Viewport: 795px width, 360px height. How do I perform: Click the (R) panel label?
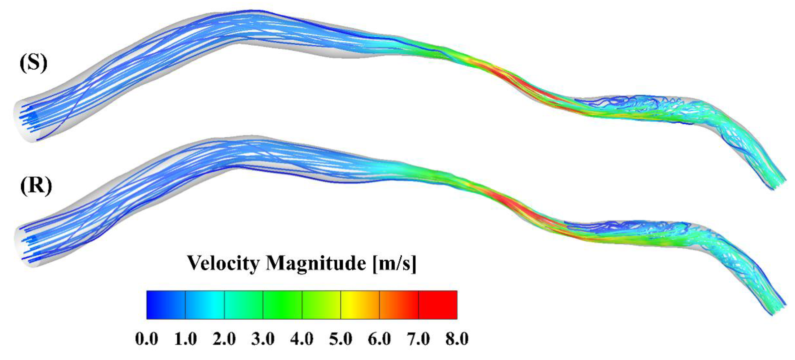pyautogui.click(x=36, y=186)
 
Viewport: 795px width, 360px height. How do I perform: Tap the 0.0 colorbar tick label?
pyautogui.click(x=146, y=339)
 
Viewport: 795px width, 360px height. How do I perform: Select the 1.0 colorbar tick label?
pyautogui.click(x=185, y=339)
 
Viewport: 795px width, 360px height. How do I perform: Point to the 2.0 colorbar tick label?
pyautogui.click(x=224, y=339)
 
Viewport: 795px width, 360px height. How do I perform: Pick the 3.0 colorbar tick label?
pyautogui.click(x=263, y=339)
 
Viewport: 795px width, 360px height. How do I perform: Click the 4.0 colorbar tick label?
pyautogui.click(x=302, y=339)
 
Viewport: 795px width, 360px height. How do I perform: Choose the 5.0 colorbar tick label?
pyautogui.click(x=341, y=339)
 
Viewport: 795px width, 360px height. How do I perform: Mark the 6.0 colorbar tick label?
pyautogui.click(x=380, y=339)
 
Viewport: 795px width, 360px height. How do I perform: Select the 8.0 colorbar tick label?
pyautogui.click(x=457, y=339)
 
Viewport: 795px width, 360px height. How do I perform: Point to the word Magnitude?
pyautogui.click(x=316, y=264)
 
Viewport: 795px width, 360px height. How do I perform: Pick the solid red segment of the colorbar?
pyautogui.click(x=438, y=304)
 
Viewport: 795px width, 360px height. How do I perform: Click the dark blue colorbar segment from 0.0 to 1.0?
pyautogui.click(x=166, y=304)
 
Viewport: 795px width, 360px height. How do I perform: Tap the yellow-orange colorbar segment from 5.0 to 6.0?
pyautogui.click(x=360, y=304)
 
